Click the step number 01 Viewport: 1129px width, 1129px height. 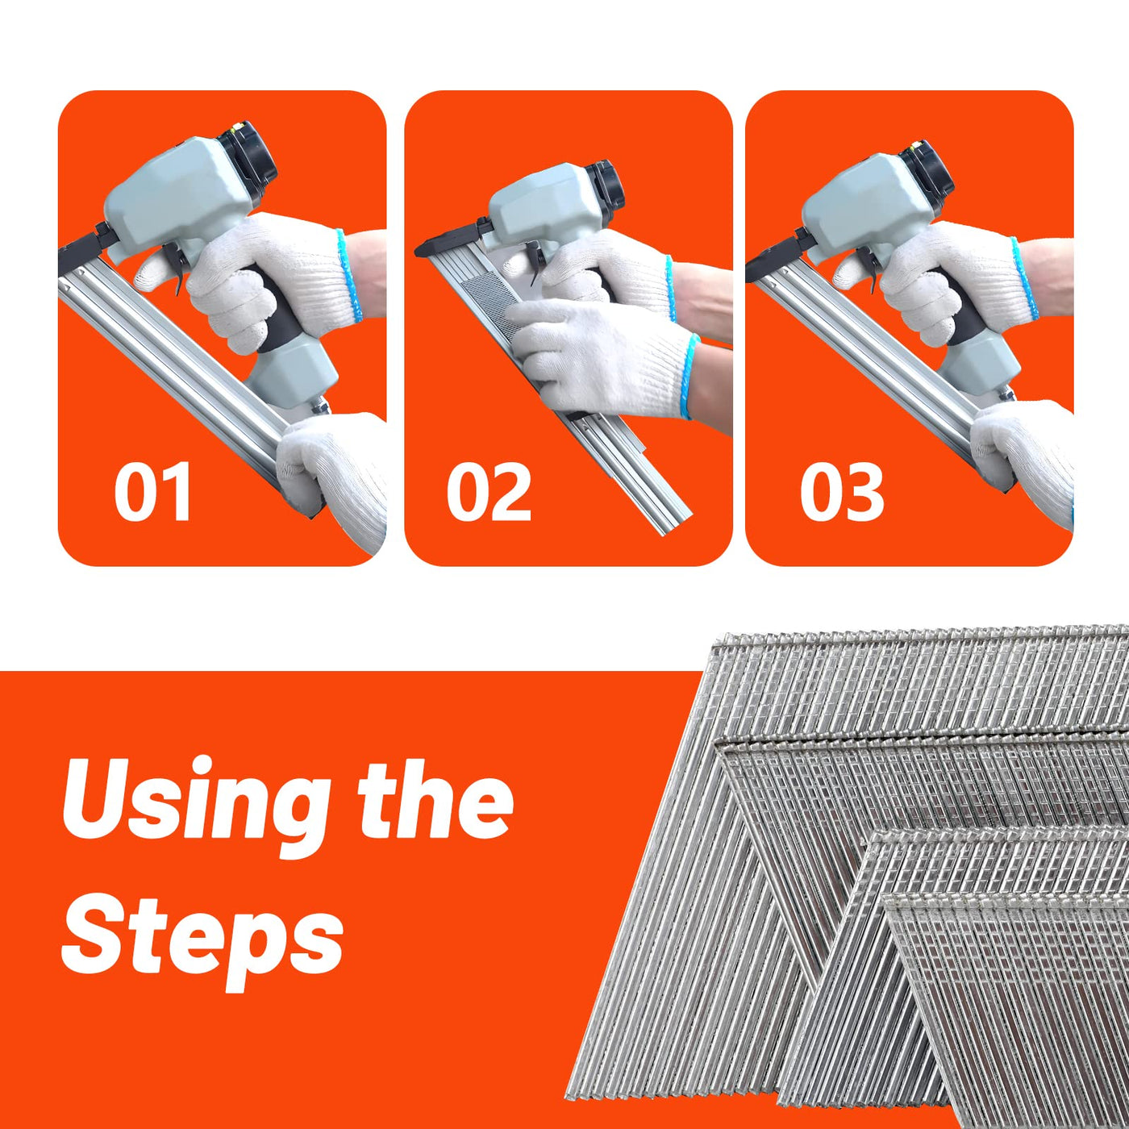[x=152, y=492]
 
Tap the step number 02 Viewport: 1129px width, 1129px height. [x=489, y=492]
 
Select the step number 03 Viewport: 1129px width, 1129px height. [x=842, y=492]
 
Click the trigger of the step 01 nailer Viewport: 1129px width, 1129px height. [x=177, y=267]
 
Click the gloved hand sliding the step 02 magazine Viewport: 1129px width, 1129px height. [x=603, y=356]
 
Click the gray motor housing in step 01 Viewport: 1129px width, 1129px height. [x=176, y=194]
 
